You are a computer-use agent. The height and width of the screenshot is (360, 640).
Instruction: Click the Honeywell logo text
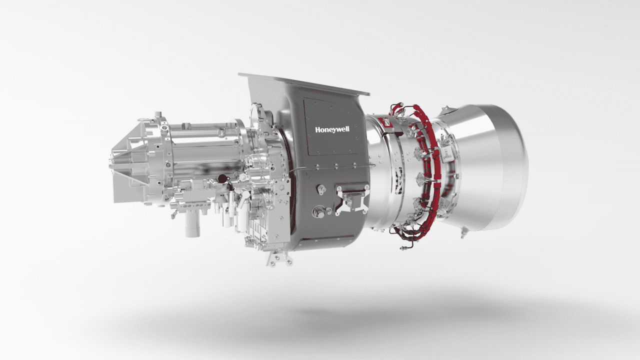click(332, 129)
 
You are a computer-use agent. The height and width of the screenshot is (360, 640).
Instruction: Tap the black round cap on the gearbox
click(222, 179)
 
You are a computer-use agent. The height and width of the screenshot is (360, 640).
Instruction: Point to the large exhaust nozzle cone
click(483, 167)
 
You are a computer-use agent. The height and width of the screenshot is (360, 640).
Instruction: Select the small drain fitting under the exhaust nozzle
click(463, 232)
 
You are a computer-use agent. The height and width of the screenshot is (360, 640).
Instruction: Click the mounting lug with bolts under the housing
click(279, 258)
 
